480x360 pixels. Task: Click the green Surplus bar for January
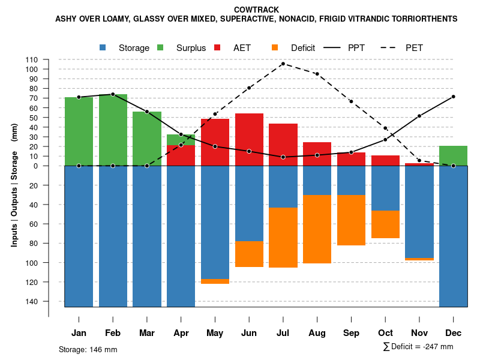point(79,131)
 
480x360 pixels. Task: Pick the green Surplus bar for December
point(453,155)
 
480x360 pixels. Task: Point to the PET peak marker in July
point(283,64)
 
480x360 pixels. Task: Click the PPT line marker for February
point(113,94)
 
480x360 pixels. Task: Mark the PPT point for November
point(419,116)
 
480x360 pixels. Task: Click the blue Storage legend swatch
point(103,48)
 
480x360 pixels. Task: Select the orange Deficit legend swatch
point(275,48)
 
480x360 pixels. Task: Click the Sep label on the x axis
point(352,333)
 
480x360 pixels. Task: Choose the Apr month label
point(181,333)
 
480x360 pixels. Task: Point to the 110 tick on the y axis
point(32,59)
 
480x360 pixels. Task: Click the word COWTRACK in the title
point(256,10)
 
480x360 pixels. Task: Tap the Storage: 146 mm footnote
point(88,349)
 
